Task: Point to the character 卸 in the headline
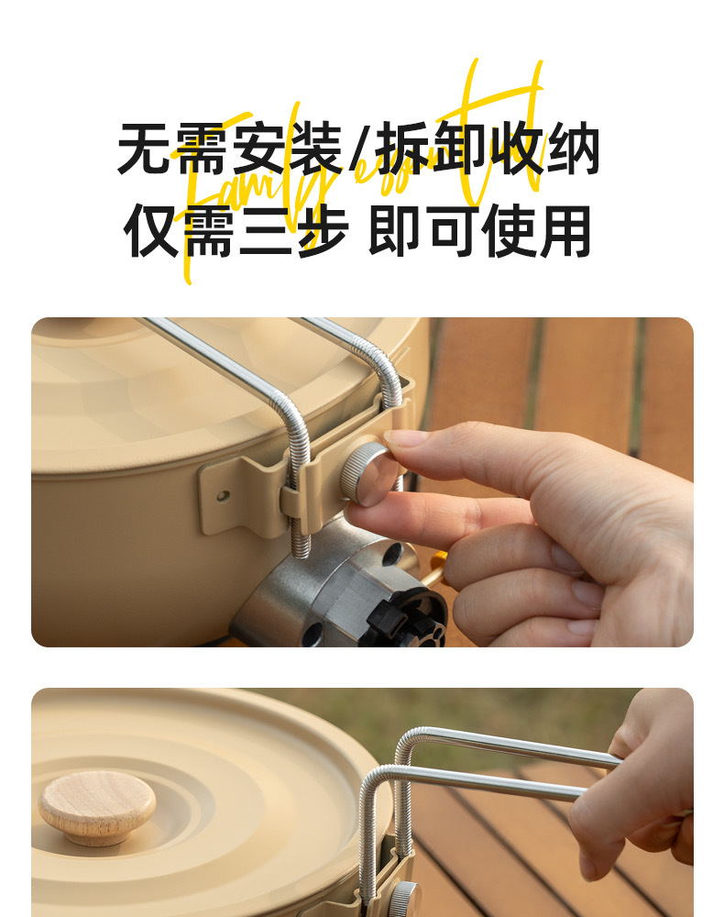(x=460, y=149)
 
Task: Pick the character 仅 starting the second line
(x=152, y=230)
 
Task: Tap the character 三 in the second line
(x=266, y=230)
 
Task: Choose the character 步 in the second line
(x=321, y=230)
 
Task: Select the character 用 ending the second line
(x=565, y=230)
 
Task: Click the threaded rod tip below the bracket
(x=301, y=547)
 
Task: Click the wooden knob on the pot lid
(x=96, y=807)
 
